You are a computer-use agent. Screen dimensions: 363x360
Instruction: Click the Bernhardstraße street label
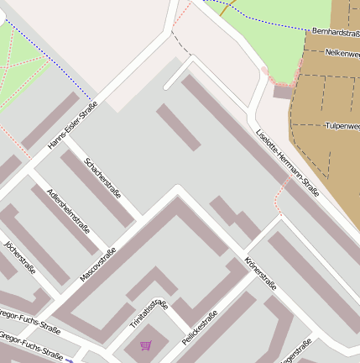pos(335,31)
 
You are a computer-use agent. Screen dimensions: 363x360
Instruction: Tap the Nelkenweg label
pos(342,52)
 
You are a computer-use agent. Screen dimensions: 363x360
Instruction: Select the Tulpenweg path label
pos(342,126)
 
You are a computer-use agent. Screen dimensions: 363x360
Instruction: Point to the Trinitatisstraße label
pos(149,313)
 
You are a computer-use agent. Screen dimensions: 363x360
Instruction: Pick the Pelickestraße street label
pos(199,328)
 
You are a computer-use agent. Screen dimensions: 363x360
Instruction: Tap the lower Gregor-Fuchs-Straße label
pos(29,347)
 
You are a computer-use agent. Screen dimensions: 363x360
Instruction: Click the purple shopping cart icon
pos(146,345)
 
